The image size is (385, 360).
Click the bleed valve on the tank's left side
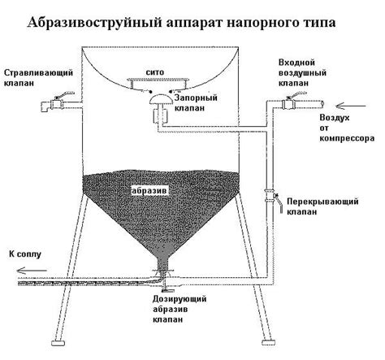point(54,103)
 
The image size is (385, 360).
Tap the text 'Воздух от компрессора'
point(345,128)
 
